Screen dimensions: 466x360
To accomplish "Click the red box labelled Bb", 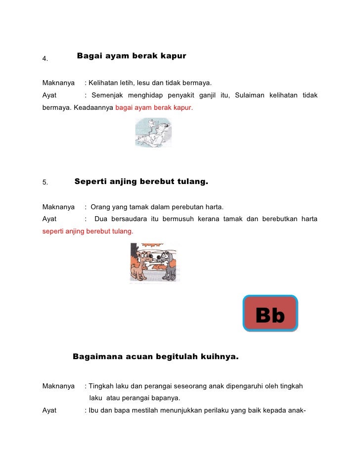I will point(270,314).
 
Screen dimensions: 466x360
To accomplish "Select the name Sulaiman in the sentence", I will point(250,95).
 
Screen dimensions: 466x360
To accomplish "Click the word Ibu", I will point(94,410).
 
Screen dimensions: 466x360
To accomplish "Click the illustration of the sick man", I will point(153,132).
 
